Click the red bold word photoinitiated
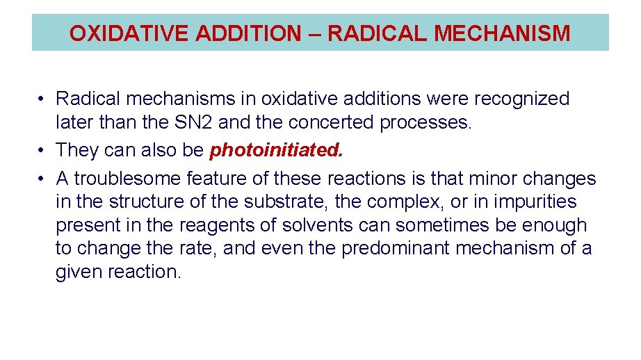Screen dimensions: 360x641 pyautogui.click(x=276, y=149)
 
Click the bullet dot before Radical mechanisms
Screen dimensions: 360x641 pyautogui.click(x=42, y=99)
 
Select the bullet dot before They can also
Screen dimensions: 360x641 pyautogui.click(x=42, y=149)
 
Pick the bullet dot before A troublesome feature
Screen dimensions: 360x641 pyautogui.click(x=42, y=179)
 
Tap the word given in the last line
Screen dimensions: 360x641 pyautogui.click(x=79, y=271)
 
